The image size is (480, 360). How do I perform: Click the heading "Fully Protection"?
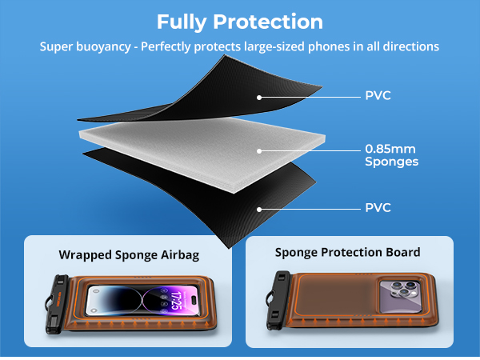click(x=240, y=22)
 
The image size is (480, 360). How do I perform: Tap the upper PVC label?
click(x=378, y=95)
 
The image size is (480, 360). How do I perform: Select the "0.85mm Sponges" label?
click(x=391, y=155)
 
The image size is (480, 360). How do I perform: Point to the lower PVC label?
click(x=378, y=207)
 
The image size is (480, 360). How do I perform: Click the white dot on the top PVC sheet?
click(x=259, y=98)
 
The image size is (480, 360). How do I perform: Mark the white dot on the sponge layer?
click(x=259, y=151)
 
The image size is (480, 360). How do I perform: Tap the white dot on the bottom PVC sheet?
click(x=259, y=210)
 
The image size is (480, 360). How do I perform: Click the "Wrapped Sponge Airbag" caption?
click(x=129, y=255)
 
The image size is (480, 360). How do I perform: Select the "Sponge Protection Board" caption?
click(x=347, y=252)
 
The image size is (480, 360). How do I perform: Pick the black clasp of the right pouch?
click(x=278, y=299)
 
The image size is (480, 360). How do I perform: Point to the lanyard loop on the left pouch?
click(x=48, y=303)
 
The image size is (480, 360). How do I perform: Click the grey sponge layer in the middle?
click(x=203, y=153)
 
